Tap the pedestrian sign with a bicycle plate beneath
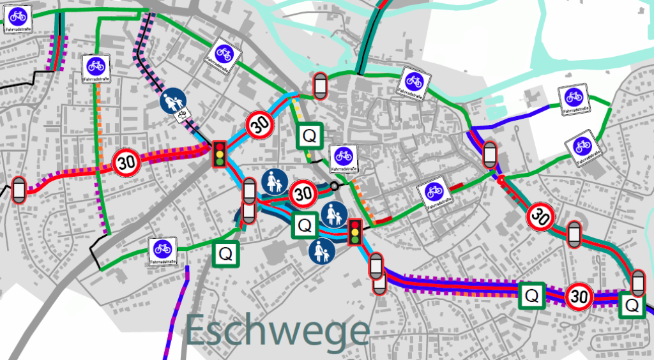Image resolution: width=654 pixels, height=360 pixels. tap(172, 102)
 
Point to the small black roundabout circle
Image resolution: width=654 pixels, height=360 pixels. tap(333, 186)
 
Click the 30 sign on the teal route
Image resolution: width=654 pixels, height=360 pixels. tap(540, 217)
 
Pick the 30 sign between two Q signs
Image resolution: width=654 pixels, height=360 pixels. tap(579, 296)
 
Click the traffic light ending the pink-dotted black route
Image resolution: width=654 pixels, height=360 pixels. tap(220, 154)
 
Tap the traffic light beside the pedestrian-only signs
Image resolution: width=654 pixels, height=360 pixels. tap(354, 232)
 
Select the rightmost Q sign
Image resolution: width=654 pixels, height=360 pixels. tap(632, 305)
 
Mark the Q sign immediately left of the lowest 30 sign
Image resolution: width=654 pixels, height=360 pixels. tap(531, 296)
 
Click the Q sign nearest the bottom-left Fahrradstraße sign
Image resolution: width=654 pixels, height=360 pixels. tap(225, 253)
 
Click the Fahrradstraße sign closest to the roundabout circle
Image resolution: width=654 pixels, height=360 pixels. tap(343, 158)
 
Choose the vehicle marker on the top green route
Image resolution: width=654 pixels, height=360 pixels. tap(320, 86)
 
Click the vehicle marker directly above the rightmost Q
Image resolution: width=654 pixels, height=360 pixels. tap(637, 281)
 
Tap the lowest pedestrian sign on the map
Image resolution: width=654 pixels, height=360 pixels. tap(321, 251)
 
